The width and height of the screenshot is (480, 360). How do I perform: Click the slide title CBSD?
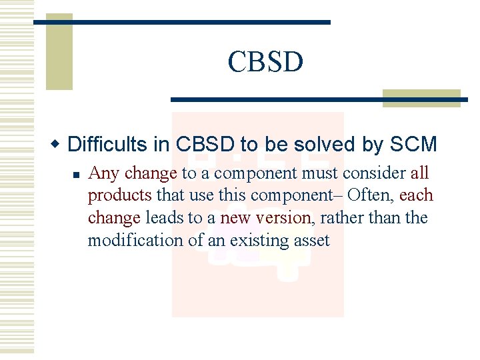tap(265, 62)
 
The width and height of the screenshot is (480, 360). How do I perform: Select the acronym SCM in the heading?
tap(413, 144)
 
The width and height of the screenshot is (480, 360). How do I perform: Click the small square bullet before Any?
tap(76, 175)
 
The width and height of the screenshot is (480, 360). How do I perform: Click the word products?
tap(120, 196)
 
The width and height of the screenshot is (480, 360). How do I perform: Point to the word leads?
tap(165, 218)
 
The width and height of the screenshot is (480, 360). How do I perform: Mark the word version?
tap(283, 218)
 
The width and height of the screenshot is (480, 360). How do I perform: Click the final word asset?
tap(311, 240)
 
